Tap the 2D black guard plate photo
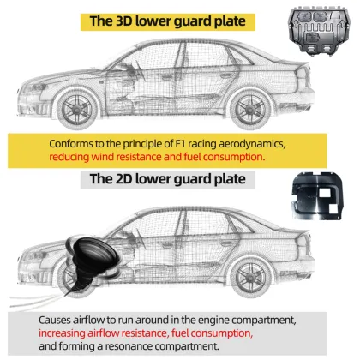pos(317,196)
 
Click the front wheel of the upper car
pos(76,109)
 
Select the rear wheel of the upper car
pos(250,109)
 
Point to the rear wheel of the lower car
pos(250,277)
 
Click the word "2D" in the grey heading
pos(123,179)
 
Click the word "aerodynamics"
pos(252,144)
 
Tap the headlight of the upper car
pos(33,87)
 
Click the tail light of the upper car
pos(304,76)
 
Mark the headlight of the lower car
pos(33,255)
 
